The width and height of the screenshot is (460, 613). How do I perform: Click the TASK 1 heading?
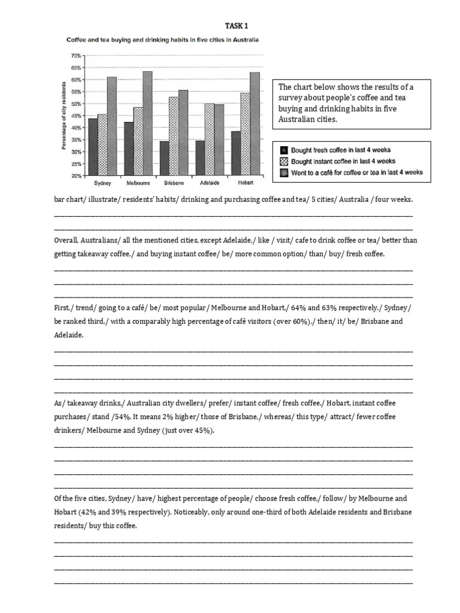(235, 26)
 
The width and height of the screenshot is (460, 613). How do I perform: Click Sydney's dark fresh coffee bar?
(93, 147)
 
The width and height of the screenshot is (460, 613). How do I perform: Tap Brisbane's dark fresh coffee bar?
(165, 158)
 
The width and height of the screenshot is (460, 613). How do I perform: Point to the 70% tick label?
(76, 55)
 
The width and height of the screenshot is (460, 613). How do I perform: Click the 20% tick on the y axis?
(76, 176)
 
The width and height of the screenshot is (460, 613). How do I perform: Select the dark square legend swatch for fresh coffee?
(284, 150)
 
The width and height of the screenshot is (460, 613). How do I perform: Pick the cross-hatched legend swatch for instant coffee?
(284, 161)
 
